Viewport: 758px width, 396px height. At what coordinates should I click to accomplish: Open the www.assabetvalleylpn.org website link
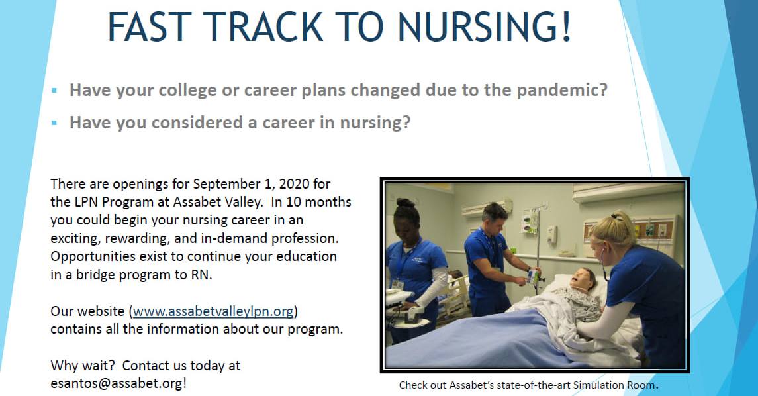(x=213, y=310)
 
